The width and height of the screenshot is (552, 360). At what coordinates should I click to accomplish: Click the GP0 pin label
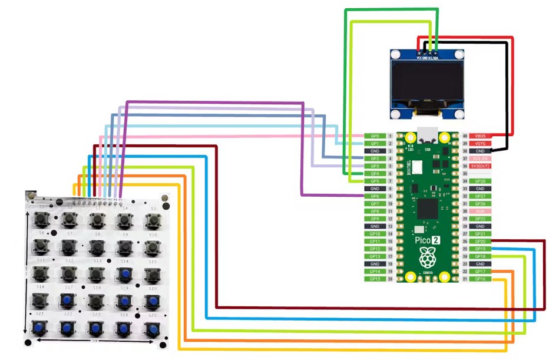375,136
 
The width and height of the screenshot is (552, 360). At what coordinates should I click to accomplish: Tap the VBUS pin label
478,136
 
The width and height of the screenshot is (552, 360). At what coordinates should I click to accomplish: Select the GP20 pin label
480,242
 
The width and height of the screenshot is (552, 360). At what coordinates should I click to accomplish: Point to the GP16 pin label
480,279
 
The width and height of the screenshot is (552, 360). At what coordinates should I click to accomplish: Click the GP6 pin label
375,196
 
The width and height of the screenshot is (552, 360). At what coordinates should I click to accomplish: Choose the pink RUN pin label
480,212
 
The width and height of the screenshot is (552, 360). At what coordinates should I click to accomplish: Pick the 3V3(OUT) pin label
480,166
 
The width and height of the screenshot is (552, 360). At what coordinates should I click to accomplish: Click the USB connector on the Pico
426,134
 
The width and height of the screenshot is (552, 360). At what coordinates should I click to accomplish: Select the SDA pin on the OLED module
436,52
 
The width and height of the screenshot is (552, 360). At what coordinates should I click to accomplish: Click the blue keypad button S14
124,273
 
